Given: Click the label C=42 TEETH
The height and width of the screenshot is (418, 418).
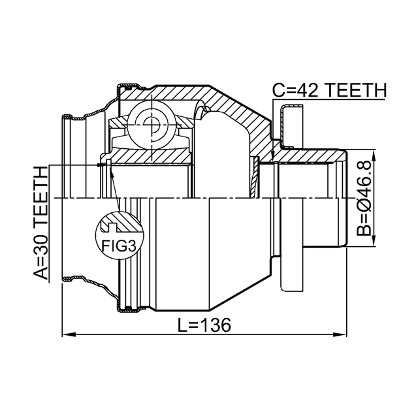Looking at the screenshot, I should tap(329, 90).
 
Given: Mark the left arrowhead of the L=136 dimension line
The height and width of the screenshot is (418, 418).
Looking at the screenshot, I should tap(66, 336).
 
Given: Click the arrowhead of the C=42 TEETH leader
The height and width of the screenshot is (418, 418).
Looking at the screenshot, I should tap(272, 157).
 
